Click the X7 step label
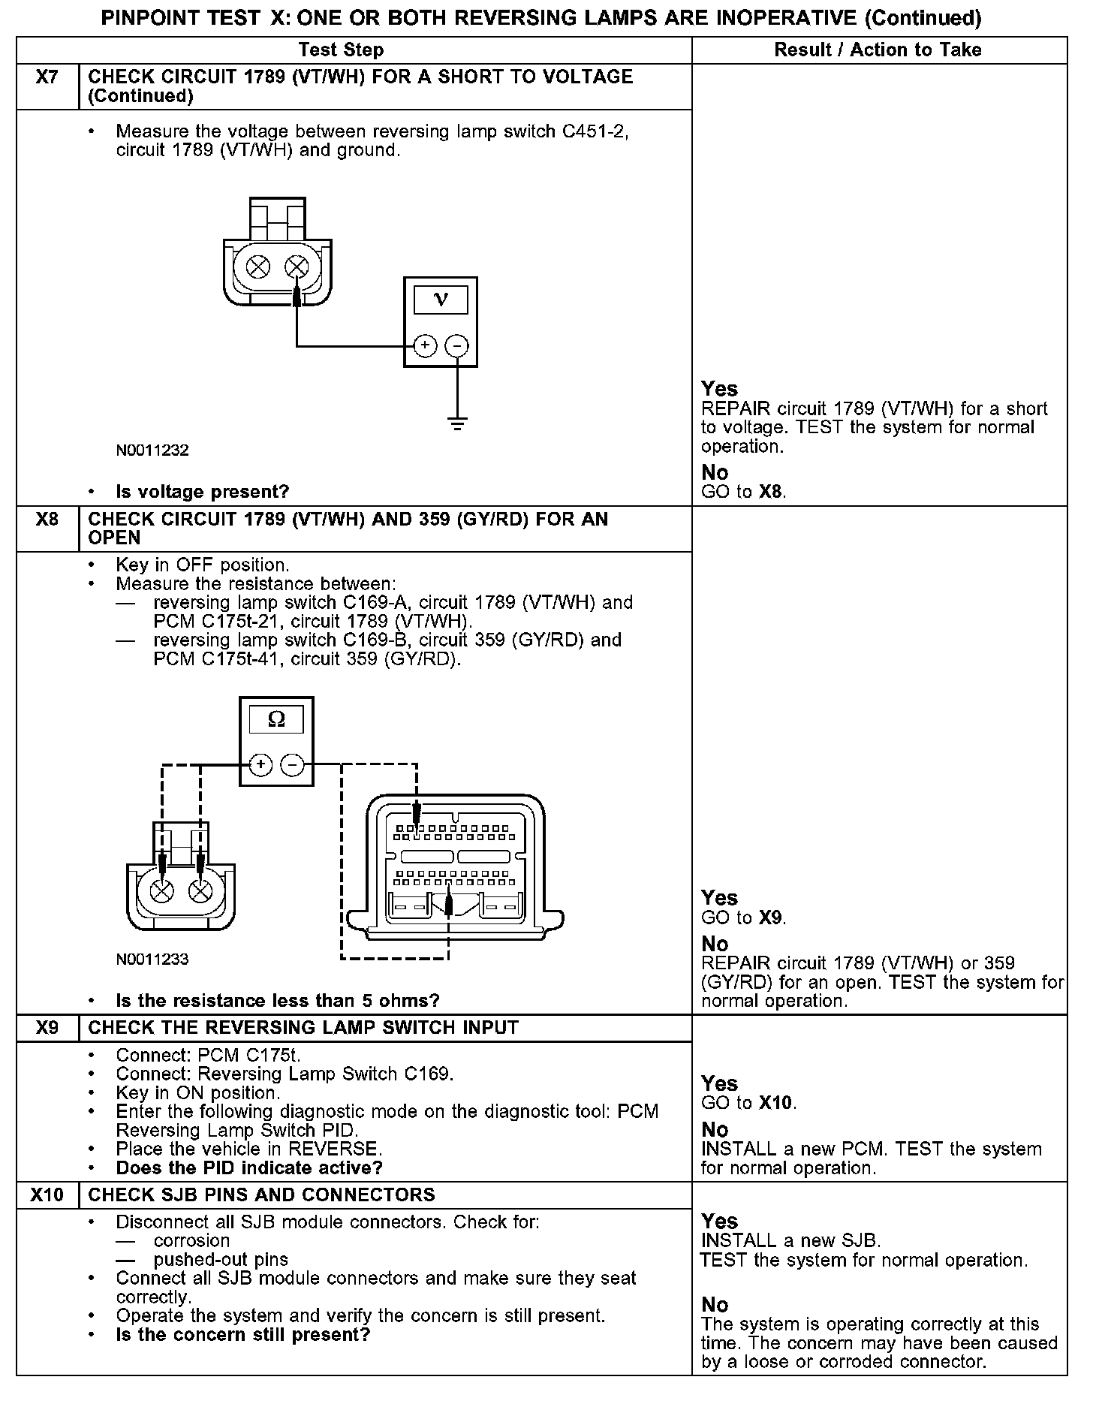[x=47, y=77]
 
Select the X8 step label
[x=47, y=520]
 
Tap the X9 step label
[x=47, y=1028]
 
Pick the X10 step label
[x=47, y=1195]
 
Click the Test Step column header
[x=341, y=50]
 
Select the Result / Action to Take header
[x=878, y=50]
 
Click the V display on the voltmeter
[x=441, y=300]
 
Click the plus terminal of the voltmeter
[x=424, y=346]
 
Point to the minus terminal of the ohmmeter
[x=292, y=765]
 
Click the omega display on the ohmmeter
[x=276, y=720]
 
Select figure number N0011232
[x=152, y=450]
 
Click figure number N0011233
[x=152, y=960]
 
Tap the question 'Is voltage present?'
[x=203, y=493]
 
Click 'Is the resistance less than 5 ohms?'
[x=278, y=1001]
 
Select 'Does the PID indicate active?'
[x=249, y=1168]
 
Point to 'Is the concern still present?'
[x=243, y=1335]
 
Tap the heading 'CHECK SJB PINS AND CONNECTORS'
[x=261, y=1195]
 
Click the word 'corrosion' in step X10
[x=191, y=1241]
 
